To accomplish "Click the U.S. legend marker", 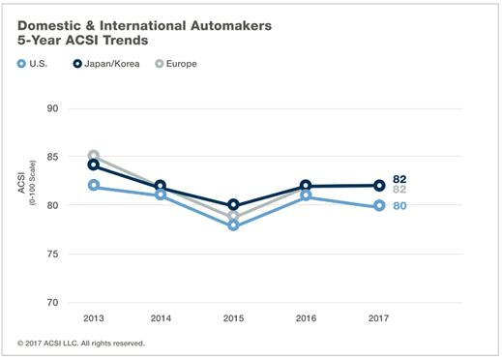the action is point(21,64).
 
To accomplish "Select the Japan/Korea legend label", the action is point(112,64).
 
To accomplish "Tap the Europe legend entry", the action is point(176,64).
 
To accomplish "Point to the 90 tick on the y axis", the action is point(52,108).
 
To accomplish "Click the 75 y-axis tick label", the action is point(52,254).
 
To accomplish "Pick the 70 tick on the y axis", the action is point(52,303).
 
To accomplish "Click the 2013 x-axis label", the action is point(94,318).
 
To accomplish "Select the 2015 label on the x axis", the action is point(233,318).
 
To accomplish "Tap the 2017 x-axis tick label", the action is point(379,318).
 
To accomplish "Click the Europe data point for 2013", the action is point(94,154).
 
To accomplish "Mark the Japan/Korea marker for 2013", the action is point(94,165).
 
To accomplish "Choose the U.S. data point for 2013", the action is point(94,185).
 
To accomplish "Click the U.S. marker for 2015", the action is point(233,225).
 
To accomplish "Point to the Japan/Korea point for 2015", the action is point(233,204).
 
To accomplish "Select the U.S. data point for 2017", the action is point(379,205).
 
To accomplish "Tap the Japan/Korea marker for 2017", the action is point(379,186).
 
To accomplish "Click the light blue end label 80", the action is point(399,206).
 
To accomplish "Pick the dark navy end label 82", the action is point(399,179).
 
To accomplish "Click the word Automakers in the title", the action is point(231,26).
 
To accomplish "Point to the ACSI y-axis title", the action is point(21,183).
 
